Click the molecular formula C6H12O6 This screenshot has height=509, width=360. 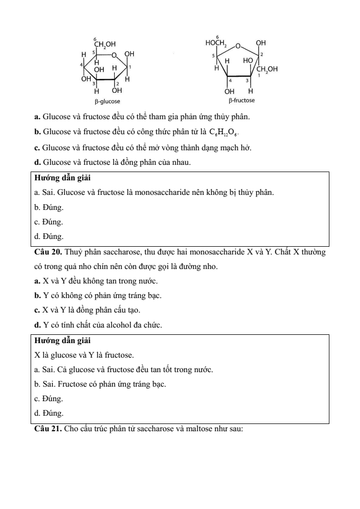click(x=226, y=132)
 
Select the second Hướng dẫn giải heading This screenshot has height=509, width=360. click(x=62, y=341)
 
